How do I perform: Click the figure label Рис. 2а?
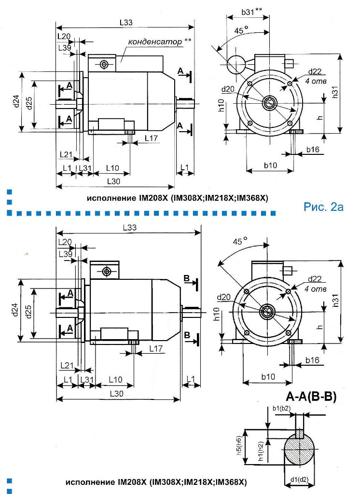pos(323,207)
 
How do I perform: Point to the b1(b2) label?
pos(281,409)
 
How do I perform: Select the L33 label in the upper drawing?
pos(126,22)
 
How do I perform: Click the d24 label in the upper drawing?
pos(15,102)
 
